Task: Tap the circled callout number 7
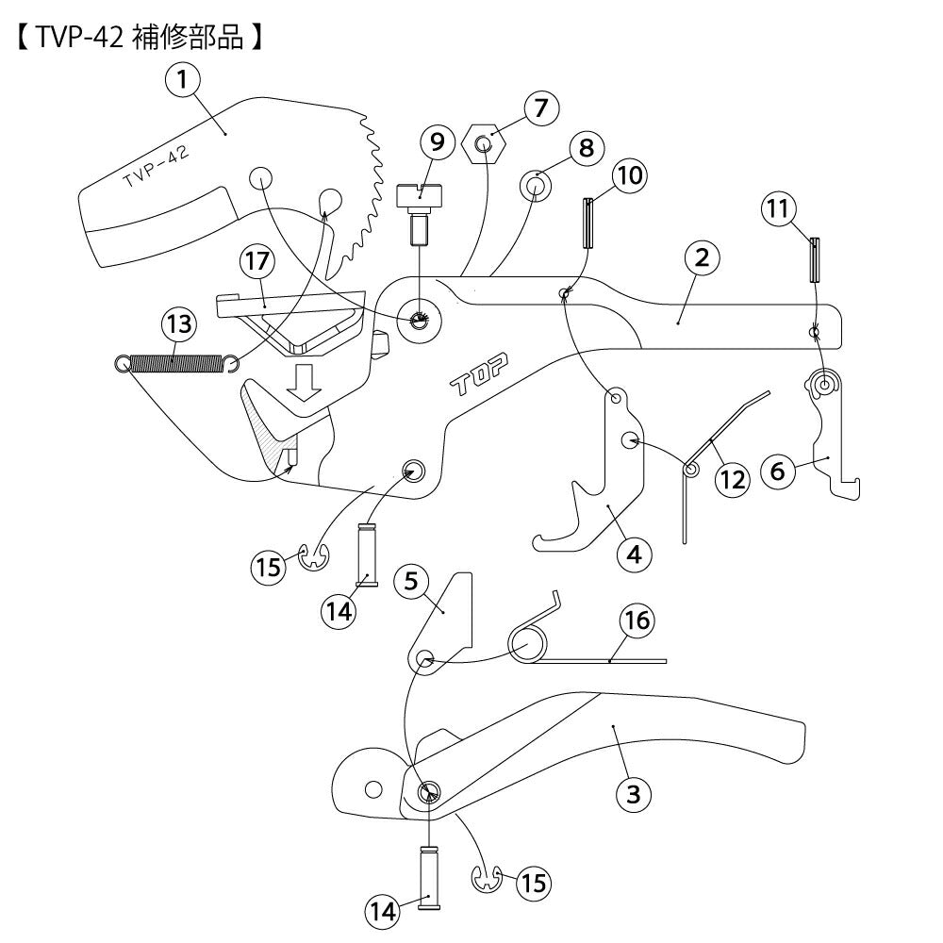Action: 540,108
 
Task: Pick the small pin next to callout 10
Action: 588,221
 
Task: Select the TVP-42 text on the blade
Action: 156,168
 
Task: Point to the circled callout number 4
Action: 634,554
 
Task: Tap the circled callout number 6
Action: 778,470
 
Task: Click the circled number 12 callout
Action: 732,479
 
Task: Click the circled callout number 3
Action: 634,794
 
